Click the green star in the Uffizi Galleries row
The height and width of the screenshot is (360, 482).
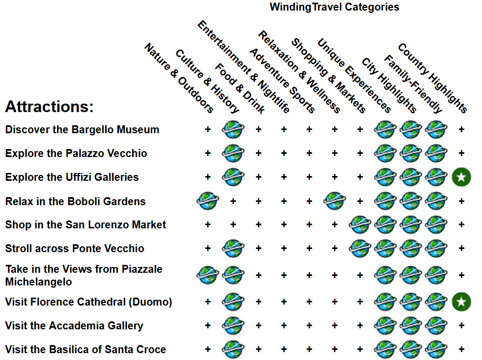pyautogui.click(x=461, y=177)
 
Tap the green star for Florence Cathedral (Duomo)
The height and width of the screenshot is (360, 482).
pyautogui.click(x=461, y=302)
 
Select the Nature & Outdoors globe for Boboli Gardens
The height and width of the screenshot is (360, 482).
pyautogui.click(x=208, y=201)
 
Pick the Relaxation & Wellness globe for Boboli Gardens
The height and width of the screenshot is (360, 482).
pyautogui.click(x=335, y=201)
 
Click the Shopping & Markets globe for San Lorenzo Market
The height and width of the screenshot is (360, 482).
pyautogui.click(x=360, y=225)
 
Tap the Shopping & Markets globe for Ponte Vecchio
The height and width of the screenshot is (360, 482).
pyautogui.click(x=360, y=248)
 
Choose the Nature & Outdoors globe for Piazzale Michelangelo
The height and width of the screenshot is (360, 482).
pyautogui.click(x=208, y=275)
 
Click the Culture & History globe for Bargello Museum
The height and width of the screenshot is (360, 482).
pyautogui.click(x=233, y=129)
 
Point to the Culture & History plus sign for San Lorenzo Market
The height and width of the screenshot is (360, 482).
pyautogui.click(x=233, y=225)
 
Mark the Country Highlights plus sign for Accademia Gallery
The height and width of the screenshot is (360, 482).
pyautogui.click(x=461, y=326)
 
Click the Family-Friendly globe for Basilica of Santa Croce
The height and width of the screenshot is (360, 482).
pyautogui.click(x=436, y=349)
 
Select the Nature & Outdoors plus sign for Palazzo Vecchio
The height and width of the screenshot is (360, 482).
pyautogui.click(x=208, y=153)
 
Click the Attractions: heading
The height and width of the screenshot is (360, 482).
pyautogui.click(x=49, y=107)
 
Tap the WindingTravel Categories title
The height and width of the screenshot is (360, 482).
pyautogui.click(x=334, y=7)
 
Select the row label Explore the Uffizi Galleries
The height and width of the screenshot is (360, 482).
pyautogui.click(x=72, y=177)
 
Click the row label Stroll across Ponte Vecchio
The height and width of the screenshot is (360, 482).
pyautogui.click(x=75, y=248)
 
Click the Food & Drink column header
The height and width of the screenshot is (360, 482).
pyautogui.click(x=239, y=89)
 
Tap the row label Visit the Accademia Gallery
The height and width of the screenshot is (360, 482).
pyautogui.click(x=74, y=326)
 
